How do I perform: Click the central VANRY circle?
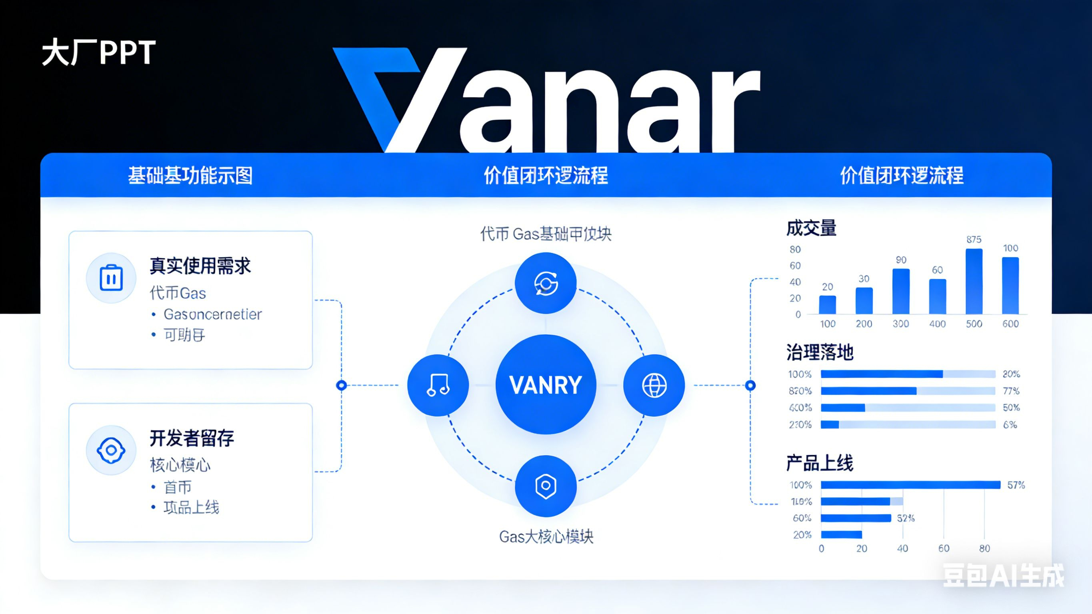click(x=546, y=384)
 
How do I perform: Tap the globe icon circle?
click(x=654, y=385)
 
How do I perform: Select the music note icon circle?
click(x=438, y=385)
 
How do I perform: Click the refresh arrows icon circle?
click(x=546, y=283)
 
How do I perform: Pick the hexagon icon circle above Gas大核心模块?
click(x=546, y=486)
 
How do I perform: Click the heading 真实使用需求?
click(x=200, y=266)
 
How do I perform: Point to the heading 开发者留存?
click(x=192, y=438)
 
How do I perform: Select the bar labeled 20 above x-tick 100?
click(x=828, y=304)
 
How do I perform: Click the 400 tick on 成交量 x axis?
click(x=937, y=324)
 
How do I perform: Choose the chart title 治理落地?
click(x=820, y=352)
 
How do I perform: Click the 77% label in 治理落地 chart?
click(x=1011, y=390)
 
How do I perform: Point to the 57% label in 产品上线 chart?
click(x=1016, y=485)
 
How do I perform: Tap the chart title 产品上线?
click(x=820, y=463)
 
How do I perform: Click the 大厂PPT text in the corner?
click(x=99, y=52)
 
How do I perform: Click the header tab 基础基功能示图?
click(x=190, y=176)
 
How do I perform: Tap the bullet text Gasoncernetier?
click(x=213, y=314)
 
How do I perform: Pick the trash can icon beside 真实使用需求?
click(x=111, y=278)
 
